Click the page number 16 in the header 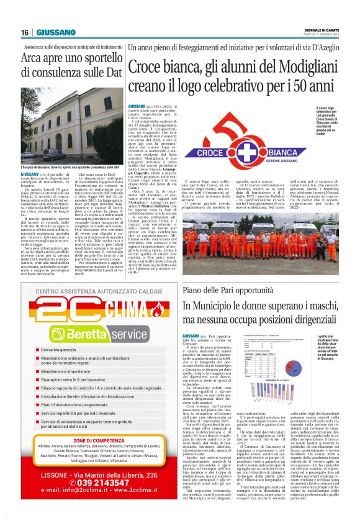[25, 32]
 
